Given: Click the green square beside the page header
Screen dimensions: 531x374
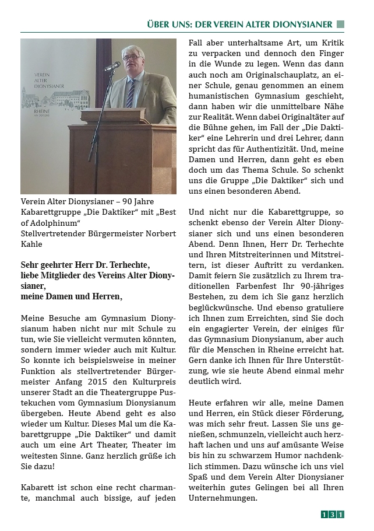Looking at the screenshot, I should pyautogui.click(x=341, y=25).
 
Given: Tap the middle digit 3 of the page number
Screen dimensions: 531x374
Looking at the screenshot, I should pyautogui.click(x=332, y=514).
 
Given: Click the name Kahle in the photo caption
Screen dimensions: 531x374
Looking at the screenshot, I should pyautogui.click(x=33, y=244).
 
